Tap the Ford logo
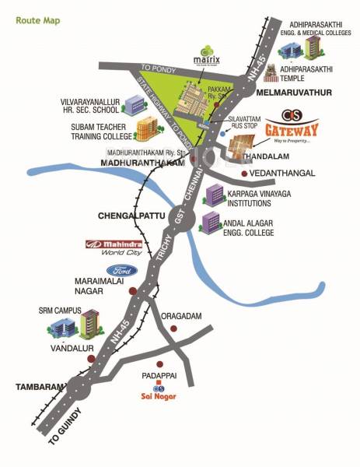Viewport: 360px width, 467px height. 123,271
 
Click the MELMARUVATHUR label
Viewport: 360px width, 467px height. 293,93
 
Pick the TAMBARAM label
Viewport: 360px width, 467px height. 34,386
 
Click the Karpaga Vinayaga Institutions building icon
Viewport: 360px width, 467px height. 215,195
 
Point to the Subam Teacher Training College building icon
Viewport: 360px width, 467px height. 147,128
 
